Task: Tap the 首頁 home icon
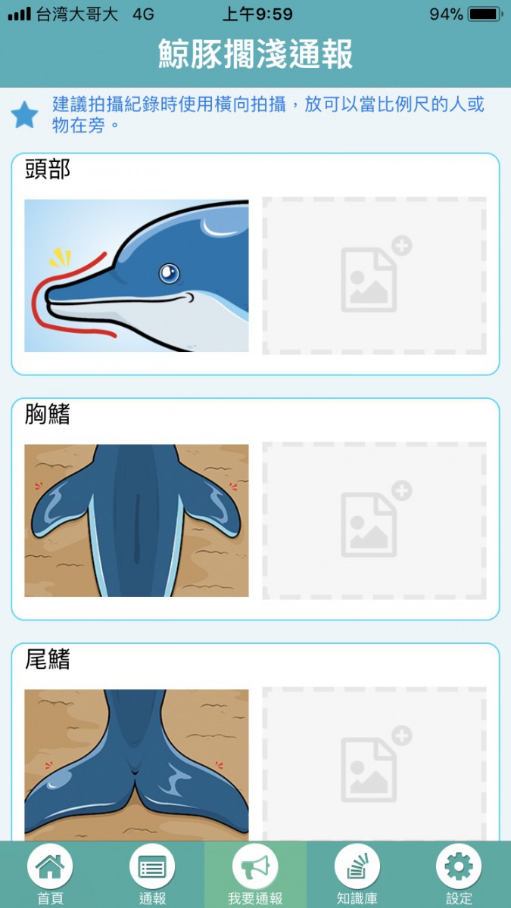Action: (50, 866)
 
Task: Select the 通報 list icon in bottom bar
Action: (152, 866)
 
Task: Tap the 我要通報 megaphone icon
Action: (255, 866)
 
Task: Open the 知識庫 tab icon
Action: (357, 866)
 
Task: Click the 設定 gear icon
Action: (459, 866)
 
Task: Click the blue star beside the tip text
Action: (24, 114)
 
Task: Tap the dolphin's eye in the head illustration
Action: (169, 273)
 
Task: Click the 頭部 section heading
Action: (48, 169)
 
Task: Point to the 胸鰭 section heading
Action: (48, 414)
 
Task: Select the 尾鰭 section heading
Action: (48, 659)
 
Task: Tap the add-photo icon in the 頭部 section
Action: (375, 274)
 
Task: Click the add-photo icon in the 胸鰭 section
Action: (375, 519)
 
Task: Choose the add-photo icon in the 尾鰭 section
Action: (375, 764)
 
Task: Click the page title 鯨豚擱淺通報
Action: (256, 54)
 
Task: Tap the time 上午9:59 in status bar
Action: (257, 14)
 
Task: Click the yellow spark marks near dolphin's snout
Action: (61, 258)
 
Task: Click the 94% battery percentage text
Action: (446, 14)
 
